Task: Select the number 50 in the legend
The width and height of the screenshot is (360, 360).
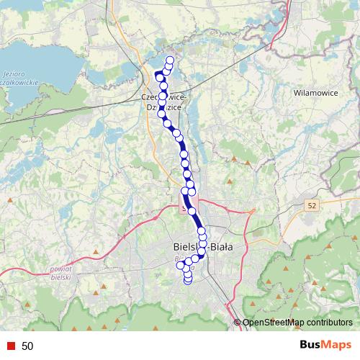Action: (x=27, y=346)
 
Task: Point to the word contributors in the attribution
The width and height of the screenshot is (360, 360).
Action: (x=328, y=323)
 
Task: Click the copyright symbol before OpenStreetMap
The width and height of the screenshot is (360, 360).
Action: (x=238, y=323)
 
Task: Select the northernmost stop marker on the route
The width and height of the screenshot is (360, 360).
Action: (x=170, y=60)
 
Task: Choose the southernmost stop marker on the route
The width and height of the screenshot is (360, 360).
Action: (x=188, y=280)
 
